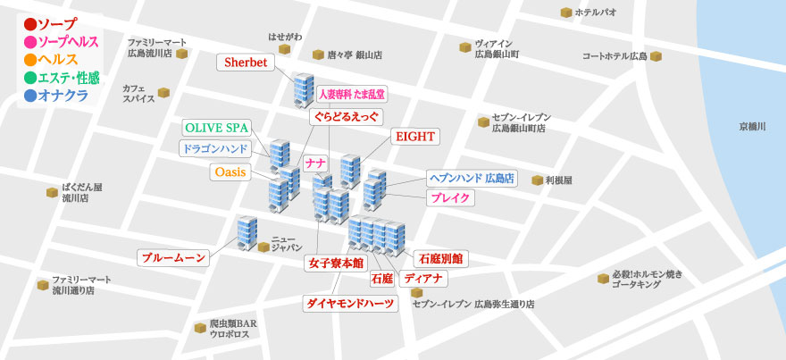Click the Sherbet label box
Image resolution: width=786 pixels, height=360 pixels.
(x=247, y=63)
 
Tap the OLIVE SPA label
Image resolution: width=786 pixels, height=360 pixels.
(x=216, y=128)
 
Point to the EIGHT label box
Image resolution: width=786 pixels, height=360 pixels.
(x=414, y=137)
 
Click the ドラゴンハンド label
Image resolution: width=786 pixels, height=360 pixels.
(x=214, y=148)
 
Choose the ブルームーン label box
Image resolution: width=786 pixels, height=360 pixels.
(x=173, y=258)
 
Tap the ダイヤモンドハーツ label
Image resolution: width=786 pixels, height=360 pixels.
(x=350, y=303)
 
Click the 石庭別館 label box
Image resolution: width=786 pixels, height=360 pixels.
(x=439, y=258)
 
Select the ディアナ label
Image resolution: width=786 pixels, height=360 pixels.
(x=423, y=279)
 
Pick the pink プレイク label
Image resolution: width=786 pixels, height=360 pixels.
(x=450, y=198)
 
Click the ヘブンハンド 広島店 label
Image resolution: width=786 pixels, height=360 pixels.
(x=472, y=178)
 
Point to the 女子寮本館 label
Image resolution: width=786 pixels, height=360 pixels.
(x=336, y=263)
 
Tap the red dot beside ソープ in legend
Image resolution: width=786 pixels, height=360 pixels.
(x=29, y=24)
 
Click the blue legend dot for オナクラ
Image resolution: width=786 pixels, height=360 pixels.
(x=29, y=96)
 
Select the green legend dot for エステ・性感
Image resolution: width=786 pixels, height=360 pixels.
(x=29, y=78)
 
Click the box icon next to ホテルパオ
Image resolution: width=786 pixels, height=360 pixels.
(x=565, y=13)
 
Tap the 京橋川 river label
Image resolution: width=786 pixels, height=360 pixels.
(x=752, y=126)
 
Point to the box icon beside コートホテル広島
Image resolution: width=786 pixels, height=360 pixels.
(x=656, y=56)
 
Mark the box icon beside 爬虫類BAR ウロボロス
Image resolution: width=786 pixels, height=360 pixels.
(x=200, y=328)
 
